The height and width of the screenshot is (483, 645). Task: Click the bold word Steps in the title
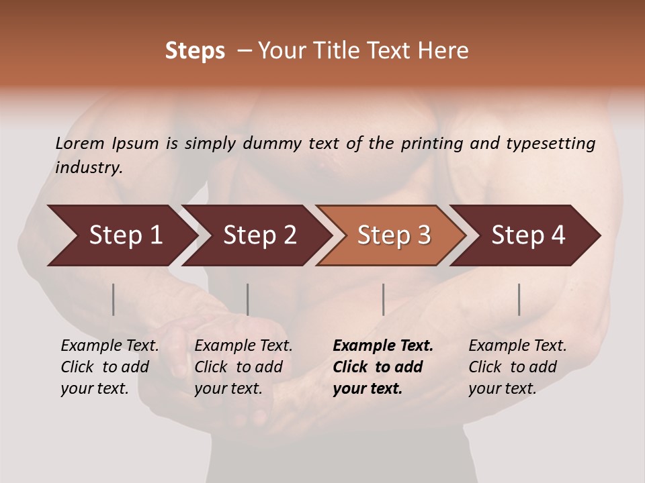195,51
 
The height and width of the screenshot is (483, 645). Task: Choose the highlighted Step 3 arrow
394,235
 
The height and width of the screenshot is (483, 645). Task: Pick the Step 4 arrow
528,235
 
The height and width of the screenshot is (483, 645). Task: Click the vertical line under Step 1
114,299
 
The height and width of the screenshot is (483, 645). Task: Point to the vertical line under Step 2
248,299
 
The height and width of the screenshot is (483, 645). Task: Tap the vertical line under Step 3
383,299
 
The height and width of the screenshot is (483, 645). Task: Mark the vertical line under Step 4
519,299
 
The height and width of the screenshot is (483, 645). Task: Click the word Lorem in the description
79,143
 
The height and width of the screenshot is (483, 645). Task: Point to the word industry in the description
89,167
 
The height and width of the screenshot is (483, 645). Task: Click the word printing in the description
432,144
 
